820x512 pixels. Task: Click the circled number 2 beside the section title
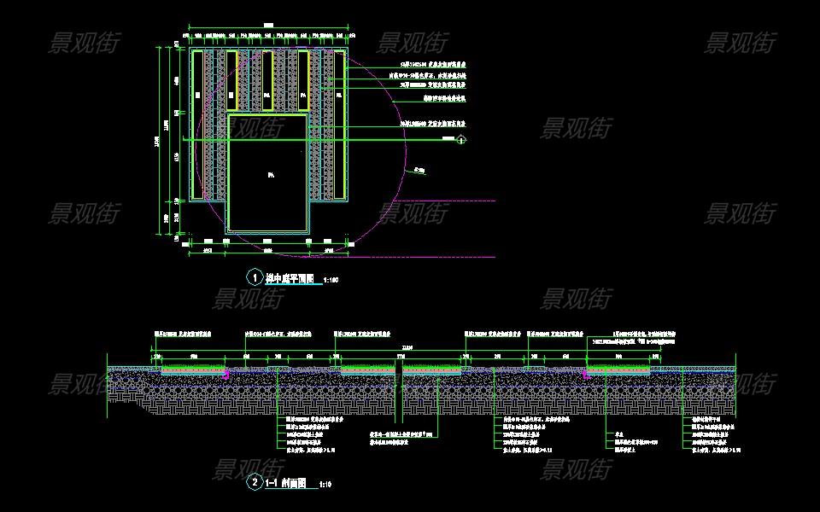pyautogui.click(x=255, y=483)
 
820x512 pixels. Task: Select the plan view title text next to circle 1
pyautogui.click(x=290, y=278)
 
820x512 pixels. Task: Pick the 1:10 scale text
pyautogui.click(x=325, y=485)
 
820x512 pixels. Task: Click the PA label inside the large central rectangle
pyautogui.click(x=270, y=176)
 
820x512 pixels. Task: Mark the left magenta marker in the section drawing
pyautogui.click(x=225, y=374)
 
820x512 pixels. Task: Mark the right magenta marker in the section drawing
pyautogui.click(x=586, y=374)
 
